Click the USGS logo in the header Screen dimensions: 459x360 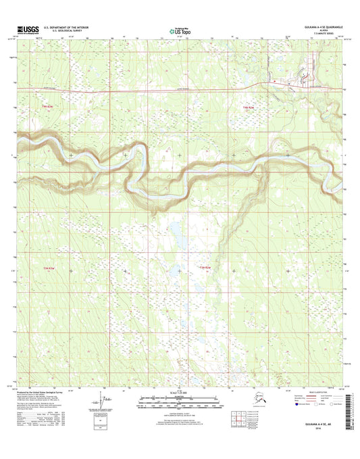point(25,29)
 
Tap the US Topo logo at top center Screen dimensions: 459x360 point(179,30)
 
